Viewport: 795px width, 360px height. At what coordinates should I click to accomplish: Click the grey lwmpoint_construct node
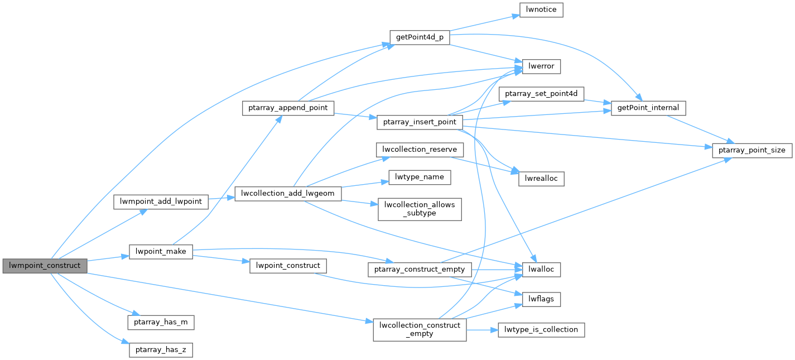click(x=45, y=266)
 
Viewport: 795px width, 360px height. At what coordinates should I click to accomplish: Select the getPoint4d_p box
click(x=419, y=37)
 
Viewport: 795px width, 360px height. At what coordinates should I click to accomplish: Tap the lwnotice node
click(x=541, y=10)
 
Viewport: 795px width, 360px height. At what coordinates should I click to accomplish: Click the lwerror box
click(x=541, y=67)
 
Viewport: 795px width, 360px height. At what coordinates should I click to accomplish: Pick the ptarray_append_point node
click(x=288, y=108)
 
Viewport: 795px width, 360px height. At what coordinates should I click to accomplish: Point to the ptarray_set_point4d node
click(x=541, y=94)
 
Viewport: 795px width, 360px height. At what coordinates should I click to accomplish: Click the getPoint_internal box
click(x=648, y=108)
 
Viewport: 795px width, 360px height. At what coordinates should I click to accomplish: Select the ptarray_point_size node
click(x=751, y=150)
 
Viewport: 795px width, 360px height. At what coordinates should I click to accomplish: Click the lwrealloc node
click(x=541, y=179)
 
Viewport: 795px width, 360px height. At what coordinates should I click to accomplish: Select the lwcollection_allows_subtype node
click(x=420, y=208)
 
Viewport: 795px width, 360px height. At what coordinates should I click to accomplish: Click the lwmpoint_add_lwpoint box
click(x=161, y=201)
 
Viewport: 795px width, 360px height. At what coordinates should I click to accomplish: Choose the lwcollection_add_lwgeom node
click(x=288, y=194)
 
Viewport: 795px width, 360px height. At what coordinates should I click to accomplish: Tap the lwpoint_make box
click(x=161, y=252)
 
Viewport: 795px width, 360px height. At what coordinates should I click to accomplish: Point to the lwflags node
click(x=541, y=299)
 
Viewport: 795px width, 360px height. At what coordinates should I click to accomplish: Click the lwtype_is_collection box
click(x=541, y=329)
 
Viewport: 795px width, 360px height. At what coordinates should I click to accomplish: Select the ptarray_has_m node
click(x=161, y=322)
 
